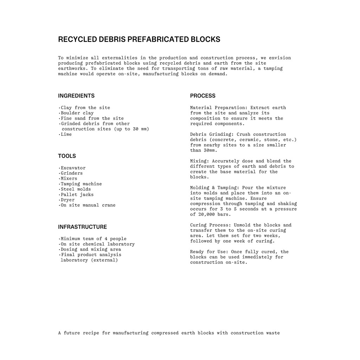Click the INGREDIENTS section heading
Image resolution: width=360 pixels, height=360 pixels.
click(x=76, y=96)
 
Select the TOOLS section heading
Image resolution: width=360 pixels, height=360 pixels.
click(x=67, y=156)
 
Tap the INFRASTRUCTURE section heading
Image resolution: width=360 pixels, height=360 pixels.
click(x=82, y=227)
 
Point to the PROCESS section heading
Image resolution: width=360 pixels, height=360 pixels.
click(x=203, y=96)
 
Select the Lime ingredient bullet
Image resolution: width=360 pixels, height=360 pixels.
click(x=66, y=134)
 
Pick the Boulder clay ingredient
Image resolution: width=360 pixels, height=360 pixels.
click(x=77, y=113)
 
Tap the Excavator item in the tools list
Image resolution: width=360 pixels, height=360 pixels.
click(x=73, y=168)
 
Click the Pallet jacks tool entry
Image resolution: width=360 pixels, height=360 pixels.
click(x=77, y=194)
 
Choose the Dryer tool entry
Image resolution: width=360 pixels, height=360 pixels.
click(x=67, y=200)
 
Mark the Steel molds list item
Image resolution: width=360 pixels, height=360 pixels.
click(x=76, y=189)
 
